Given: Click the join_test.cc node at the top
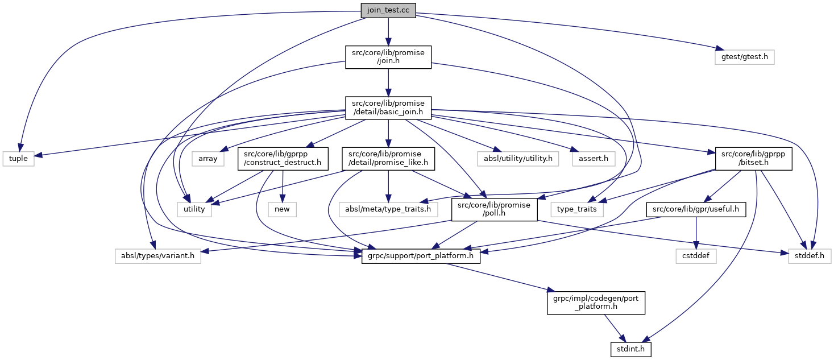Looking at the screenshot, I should click(x=388, y=10).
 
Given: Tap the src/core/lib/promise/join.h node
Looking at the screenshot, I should click(x=388, y=57).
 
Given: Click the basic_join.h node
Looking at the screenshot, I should click(x=388, y=107).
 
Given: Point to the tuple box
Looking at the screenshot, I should click(x=18, y=159).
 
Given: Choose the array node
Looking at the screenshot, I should click(x=208, y=159).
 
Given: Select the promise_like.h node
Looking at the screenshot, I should click(x=388, y=159).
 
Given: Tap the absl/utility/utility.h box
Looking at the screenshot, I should click(x=515, y=159).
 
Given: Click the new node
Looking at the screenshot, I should click(x=282, y=209).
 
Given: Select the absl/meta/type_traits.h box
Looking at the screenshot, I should click(x=388, y=209).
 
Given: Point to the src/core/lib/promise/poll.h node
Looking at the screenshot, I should click(x=493, y=209).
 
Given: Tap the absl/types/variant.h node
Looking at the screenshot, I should click(x=157, y=256).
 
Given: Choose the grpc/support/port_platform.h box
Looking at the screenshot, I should click(x=421, y=256).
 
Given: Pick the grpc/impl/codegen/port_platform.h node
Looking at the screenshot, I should click(x=596, y=302).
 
